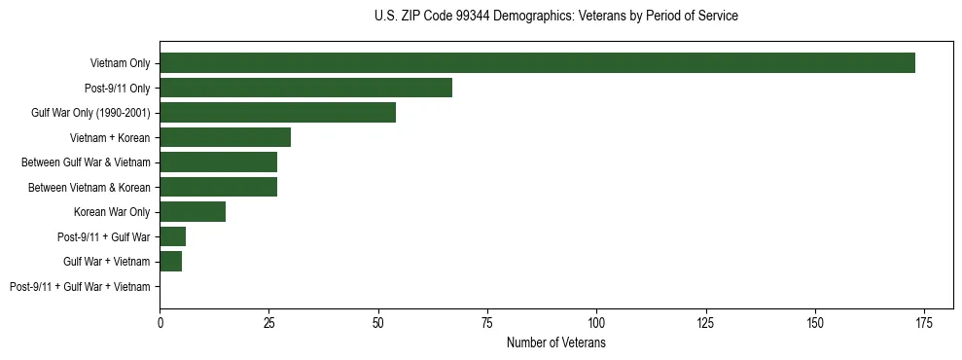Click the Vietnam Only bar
[537, 63]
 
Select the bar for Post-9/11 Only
[305, 88]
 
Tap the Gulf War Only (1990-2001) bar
[277, 113]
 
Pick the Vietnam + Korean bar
[225, 137]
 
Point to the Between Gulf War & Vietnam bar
[218, 162]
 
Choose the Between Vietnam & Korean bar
[218, 187]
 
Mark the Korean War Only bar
[193, 212]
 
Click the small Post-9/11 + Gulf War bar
[172, 236]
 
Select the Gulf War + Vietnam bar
[170, 262]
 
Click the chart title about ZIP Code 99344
[555, 17]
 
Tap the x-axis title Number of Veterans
[555, 342]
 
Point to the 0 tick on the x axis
[160, 322]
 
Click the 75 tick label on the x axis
[487, 322]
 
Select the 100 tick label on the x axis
[596, 322]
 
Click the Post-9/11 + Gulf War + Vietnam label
[80, 287]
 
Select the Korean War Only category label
[112, 212]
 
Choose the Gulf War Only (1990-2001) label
[90, 113]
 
